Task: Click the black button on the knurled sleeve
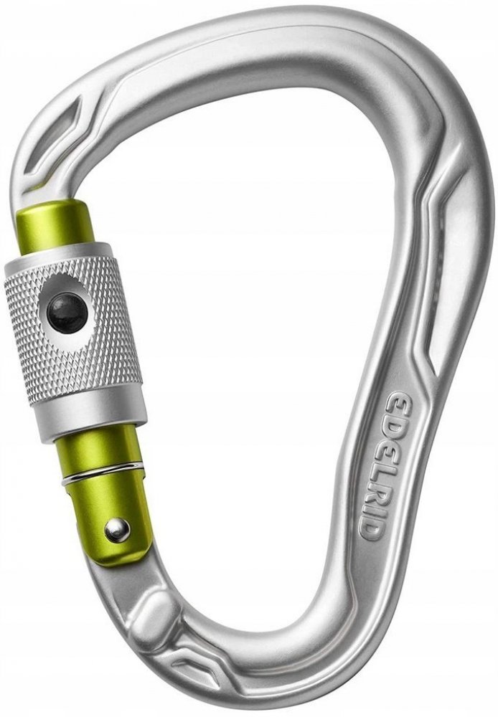pyautogui.click(x=67, y=313)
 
